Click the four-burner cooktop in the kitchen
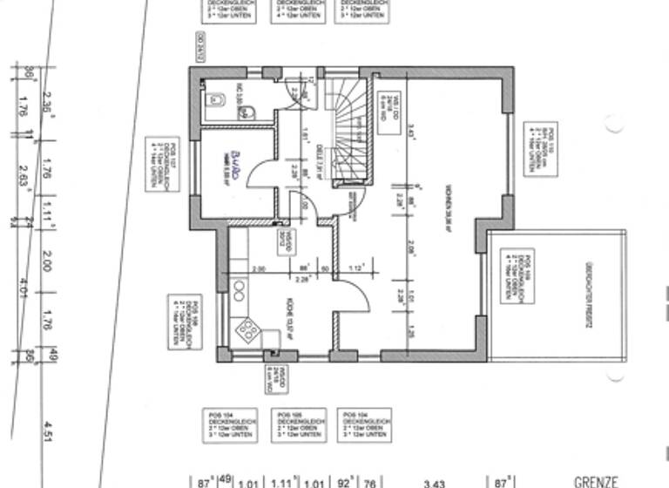tap(247, 329)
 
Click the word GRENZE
tap(596, 481)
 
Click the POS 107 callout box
tap(162, 163)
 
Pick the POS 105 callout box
tap(294, 424)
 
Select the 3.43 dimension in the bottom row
tap(434, 482)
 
